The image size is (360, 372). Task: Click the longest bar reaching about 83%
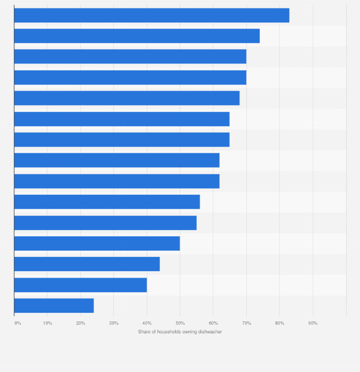coord(151,15)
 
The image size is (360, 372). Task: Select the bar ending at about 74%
coord(137,36)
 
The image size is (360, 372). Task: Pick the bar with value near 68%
coord(127,98)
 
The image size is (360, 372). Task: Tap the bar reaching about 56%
coord(107,202)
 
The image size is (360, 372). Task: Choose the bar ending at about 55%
coord(105,223)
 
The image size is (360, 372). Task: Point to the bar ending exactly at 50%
coord(97,243)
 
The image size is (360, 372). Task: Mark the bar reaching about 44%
coord(87,264)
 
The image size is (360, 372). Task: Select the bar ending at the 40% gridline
coord(80,285)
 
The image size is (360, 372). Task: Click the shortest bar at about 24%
coord(54,305)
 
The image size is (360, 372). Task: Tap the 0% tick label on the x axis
coord(18,323)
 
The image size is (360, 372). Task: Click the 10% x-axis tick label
coord(47,323)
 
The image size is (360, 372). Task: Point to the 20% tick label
coord(81,323)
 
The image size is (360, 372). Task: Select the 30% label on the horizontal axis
coord(114,323)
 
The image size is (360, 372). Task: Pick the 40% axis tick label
coord(147,323)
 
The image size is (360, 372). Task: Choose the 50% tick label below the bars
coord(180,323)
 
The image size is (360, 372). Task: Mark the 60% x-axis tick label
coord(213,323)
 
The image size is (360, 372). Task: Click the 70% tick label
coord(246,323)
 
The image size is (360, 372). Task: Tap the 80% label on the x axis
coord(280,323)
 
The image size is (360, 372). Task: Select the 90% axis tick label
coord(313,323)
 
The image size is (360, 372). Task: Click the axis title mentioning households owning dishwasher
coord(180,331)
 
